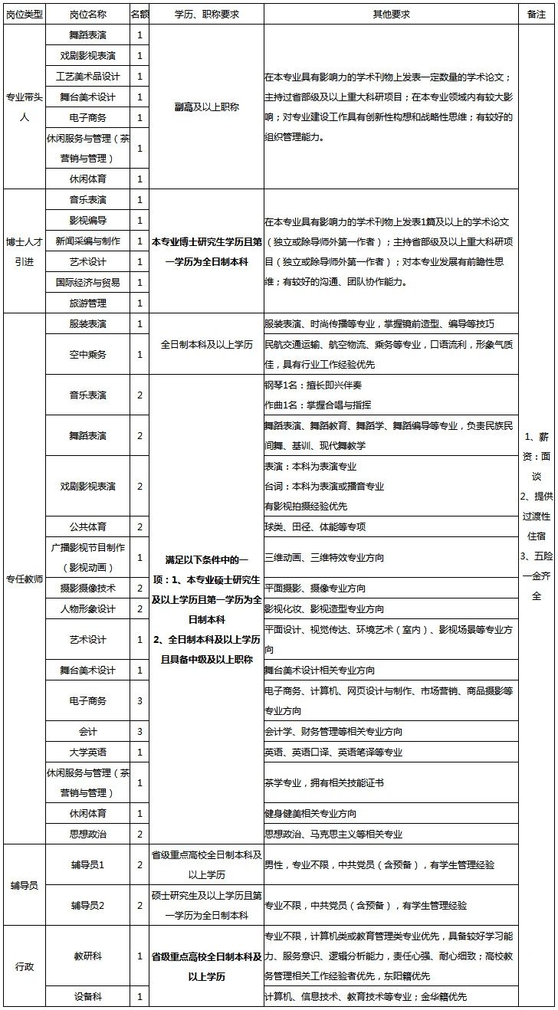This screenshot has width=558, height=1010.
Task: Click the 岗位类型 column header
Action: [x=25, y=14]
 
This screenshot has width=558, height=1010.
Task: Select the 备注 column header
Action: [x=536, y=14]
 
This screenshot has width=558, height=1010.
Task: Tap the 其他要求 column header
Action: [x=391, y=14]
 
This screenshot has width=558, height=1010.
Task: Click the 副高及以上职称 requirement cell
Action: [x=206, y=107]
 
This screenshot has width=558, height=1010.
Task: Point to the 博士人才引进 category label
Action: [x=25, y=251]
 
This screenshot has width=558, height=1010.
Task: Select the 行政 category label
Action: [x=25, y=966]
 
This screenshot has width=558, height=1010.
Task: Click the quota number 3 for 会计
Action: [x=139, y=732]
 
